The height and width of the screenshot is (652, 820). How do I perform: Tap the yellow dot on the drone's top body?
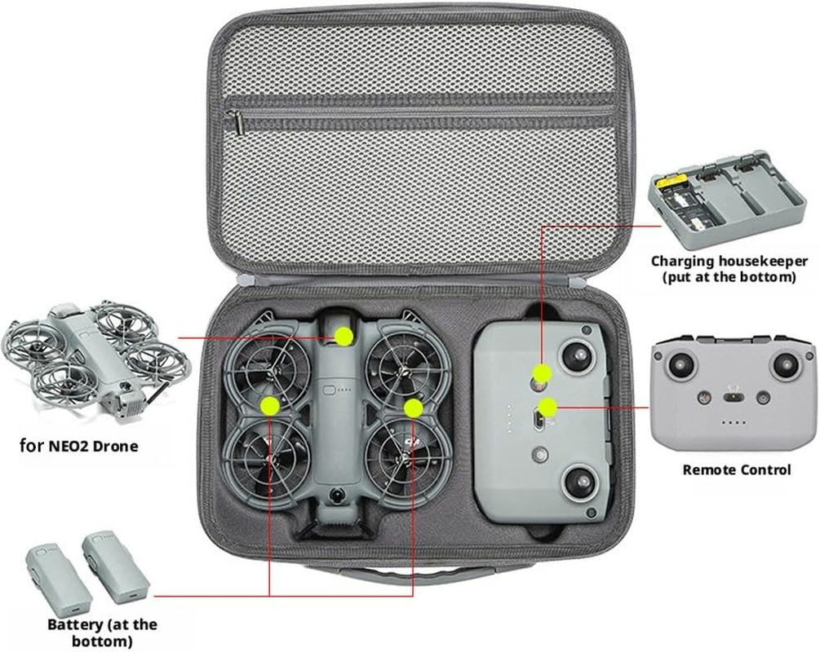(x=344, y=335)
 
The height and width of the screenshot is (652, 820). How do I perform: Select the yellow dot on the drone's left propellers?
(x=268, y=404)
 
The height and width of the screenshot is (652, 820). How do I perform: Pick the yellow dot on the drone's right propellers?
(x=413, y=405)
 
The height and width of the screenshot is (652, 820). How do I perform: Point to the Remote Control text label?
(x=736, y=469)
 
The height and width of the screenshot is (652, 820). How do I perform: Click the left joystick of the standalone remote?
(x=680, y=364)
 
